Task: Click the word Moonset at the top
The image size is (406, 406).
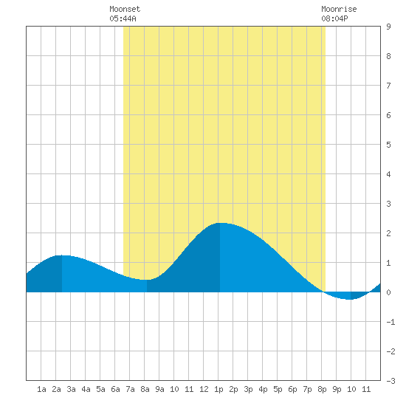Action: [x=125, y=9]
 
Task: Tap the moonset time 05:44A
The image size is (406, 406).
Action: [x=123, y=18]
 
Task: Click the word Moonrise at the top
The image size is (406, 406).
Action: [x=339, y=9]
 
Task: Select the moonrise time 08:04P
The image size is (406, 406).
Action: [x=334, y=18]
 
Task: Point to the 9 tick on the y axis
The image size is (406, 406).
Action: [x=388, y=27]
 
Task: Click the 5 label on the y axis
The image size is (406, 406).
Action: [x=388, y=145]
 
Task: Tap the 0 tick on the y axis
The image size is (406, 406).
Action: [x=388, y=292]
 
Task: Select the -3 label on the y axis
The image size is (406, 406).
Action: [x=390, y=381]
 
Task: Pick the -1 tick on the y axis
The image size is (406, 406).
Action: [x=390, y=322]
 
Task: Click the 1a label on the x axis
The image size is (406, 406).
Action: [x=41, y=389]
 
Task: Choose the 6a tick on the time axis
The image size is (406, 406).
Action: [x=115, y=389]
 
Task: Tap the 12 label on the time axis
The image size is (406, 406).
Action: [x=204, y=389]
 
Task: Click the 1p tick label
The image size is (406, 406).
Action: [x=219, y=389]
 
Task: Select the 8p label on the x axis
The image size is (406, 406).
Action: [x=322, y=389]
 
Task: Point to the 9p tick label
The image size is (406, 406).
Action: [x=337, y=389]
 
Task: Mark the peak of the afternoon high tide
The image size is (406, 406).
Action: [x=220, y=223]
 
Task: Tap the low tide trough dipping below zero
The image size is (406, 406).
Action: [x=350, y=299]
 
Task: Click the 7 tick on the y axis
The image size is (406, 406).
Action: [x=388, y=86]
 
